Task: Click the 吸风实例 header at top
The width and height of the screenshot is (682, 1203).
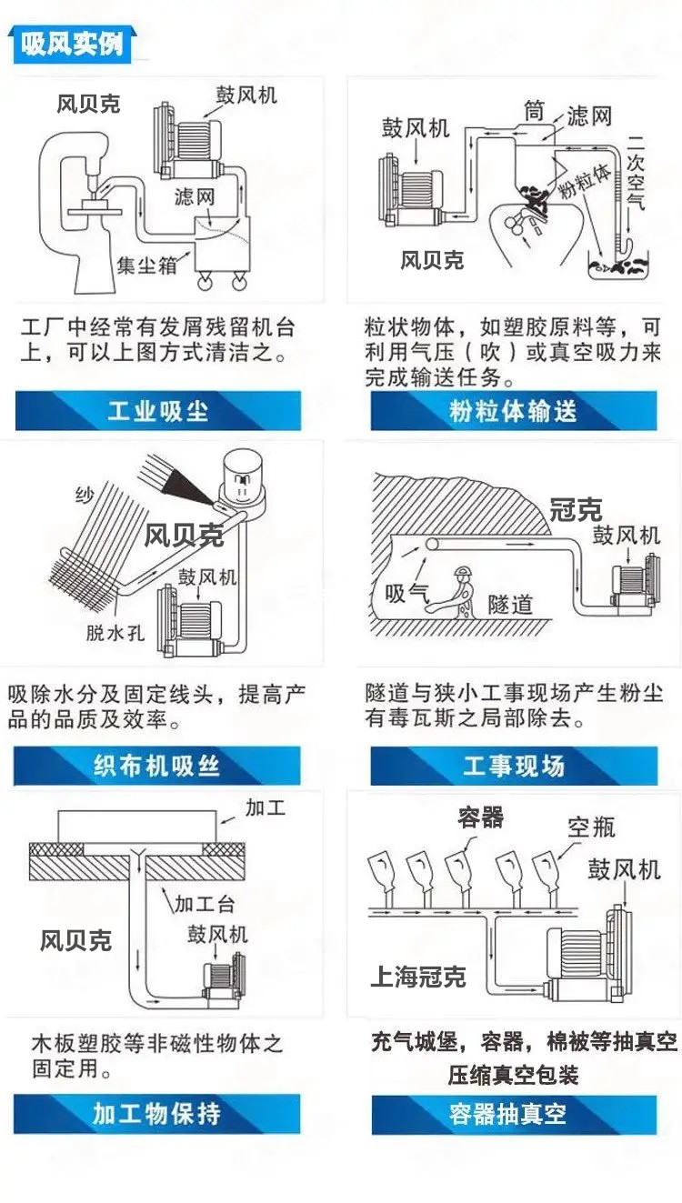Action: tap(72, 45)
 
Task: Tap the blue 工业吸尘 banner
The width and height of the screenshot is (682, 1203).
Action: tap(158, 411)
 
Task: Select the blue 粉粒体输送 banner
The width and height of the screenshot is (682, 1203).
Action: tap(514, 411)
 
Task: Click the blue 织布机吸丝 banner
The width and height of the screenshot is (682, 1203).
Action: tap(156, 766)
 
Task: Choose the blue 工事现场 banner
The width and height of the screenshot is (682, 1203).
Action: tap(514, 766)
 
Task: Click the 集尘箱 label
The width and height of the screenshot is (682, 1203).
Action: tap(146, 265)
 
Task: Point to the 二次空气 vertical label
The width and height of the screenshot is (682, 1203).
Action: tap(636, 171)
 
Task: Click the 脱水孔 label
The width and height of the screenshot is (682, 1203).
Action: tap(115, 633)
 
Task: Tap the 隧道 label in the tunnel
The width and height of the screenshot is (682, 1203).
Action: tap(510, 605)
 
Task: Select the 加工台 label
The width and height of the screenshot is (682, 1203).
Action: tap(204, 905)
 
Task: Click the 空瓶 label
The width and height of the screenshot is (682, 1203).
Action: tap(591, 827)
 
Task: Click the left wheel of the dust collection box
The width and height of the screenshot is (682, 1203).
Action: tap(204, 281)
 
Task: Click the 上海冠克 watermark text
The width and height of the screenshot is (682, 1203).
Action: tap(417, 977)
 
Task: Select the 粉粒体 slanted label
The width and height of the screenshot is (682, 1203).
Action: tap(586, 182)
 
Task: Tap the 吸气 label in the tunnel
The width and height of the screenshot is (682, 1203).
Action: tap(406, 594)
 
